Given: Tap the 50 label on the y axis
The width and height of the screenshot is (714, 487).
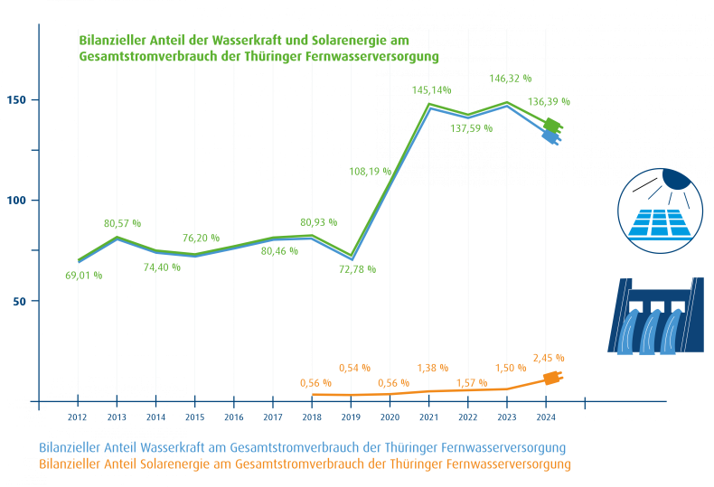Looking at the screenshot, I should (19, 301).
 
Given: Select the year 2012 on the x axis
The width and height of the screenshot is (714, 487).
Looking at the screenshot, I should (78, 417).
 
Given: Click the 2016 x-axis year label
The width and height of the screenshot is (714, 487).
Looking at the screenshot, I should (234, 417).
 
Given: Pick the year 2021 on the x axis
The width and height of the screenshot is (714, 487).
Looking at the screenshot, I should (428, 417).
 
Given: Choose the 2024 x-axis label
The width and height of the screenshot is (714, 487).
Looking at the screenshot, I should (546, 417).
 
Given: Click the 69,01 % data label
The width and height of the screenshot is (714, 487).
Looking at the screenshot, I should (83, 274).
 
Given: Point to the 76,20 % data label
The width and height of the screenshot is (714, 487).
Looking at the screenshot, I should (202, 238).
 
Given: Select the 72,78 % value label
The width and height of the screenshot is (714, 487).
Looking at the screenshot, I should (356, 269).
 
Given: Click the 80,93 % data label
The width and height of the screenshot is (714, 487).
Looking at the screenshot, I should (317, 221).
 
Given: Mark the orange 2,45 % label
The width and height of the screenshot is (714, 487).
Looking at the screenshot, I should (550, 358).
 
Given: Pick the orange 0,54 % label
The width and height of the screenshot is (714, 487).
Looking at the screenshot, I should (354, 367).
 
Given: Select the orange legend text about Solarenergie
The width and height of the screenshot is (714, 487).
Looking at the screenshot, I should (305, 464).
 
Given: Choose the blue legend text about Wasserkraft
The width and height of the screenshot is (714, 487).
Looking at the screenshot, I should (303, 448).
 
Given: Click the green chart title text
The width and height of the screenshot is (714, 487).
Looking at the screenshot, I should (258, 48).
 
